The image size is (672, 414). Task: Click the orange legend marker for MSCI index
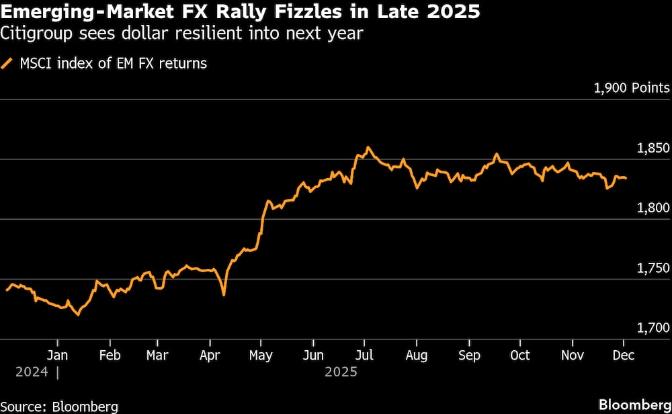click(x=7, y=64)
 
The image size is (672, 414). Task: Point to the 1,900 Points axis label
click(x=632, y=88)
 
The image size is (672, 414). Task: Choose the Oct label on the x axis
click(x=519, y=355)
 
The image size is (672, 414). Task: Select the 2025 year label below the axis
click(x=341, y=371)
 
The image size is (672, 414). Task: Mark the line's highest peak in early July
click(x=368, y=147)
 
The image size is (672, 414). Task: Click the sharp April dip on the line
click(x=224, y=294)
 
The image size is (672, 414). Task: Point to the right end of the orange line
click(x=627, y=178)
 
